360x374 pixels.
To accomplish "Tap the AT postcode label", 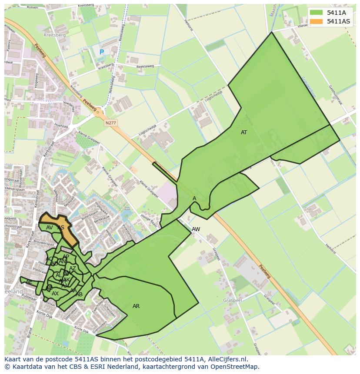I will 244,132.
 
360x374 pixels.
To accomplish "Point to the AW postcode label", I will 196,229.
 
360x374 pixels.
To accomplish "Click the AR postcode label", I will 136,306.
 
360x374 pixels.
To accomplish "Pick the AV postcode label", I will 50,228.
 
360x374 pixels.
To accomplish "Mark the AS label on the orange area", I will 61,228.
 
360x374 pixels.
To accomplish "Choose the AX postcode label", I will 55,294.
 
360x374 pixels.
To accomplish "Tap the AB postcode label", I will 79,295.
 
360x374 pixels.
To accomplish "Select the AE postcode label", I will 29,282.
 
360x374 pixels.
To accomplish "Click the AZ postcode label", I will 73,268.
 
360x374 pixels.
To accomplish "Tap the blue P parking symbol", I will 102,52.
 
